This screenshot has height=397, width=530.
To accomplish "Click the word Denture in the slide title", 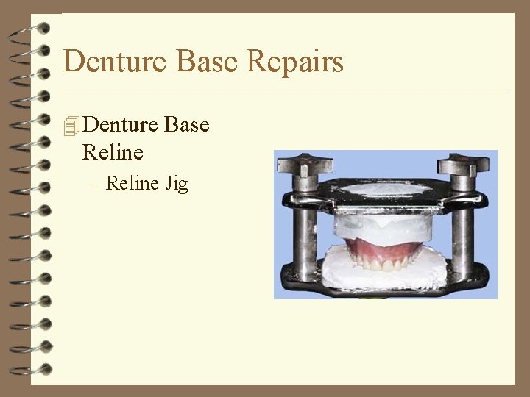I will pyautogui.click(x=107, y=61).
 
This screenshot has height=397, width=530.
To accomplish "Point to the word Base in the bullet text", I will pyautogui.click(x=187, y=125).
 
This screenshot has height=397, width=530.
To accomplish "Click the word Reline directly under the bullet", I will pyautogui.click(x=113, y=153).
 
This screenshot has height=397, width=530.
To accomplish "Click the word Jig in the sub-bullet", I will pyautogui.click(x=177, y=183).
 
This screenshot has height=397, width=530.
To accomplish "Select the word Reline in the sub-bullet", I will pyautogui.click(x=132, y=182).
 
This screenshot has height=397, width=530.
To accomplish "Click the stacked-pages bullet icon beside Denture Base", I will pyautogui.click(x=71, y=126).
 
